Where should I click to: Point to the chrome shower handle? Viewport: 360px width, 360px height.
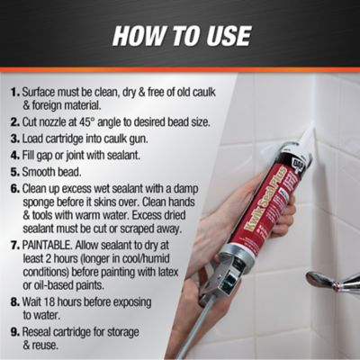[328, 281]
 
